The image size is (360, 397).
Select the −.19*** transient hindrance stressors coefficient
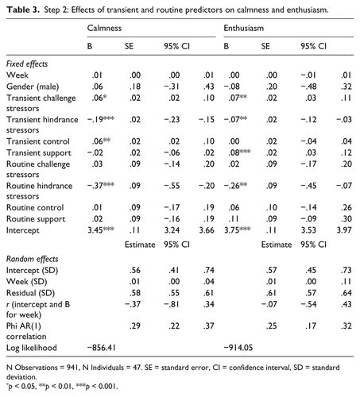(103, 118)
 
